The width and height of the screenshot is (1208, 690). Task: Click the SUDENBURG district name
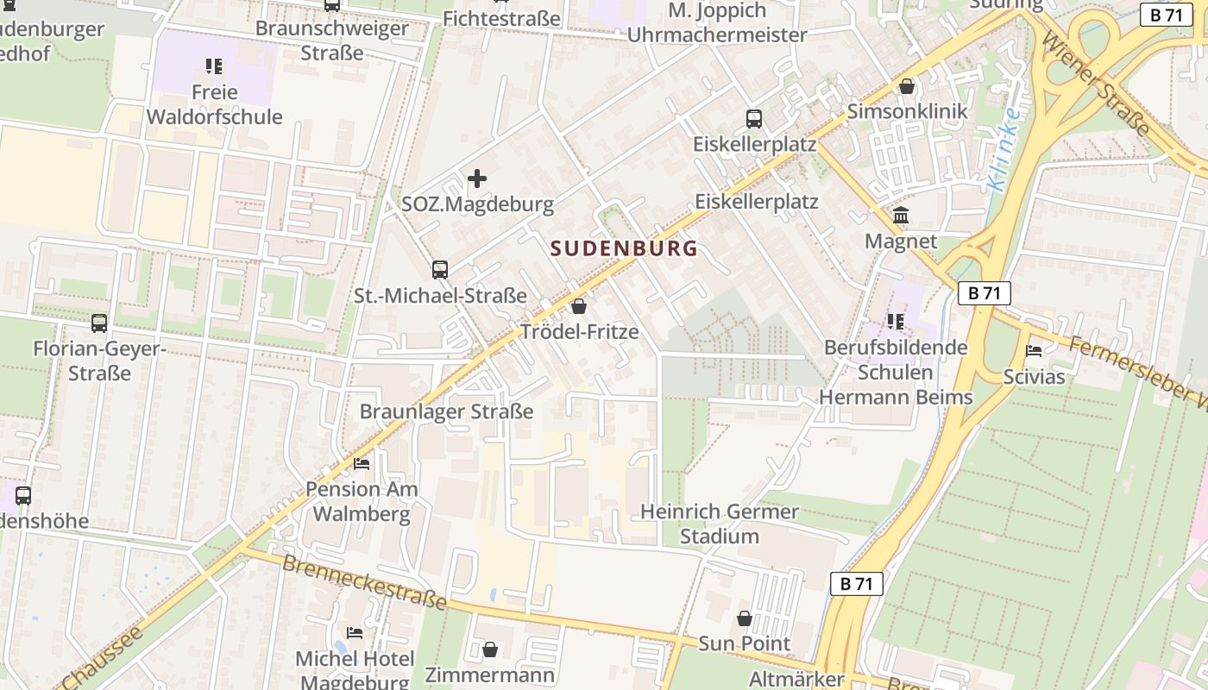tap(624, 248)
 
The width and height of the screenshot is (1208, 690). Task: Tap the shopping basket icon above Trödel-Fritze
tap(579, 306)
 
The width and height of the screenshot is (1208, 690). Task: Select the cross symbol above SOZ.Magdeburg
tap(477, 179)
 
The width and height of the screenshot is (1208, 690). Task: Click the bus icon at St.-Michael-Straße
tap(440, 270)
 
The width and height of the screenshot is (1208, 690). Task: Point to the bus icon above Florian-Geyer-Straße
tap(99, 323)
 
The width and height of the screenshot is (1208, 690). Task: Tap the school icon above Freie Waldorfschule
tap(214, 66)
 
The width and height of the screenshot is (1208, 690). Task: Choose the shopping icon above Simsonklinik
tap(907, 86)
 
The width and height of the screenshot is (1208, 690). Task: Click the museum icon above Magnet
tap(901, 216)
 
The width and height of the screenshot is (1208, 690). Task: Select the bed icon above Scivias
tap(1034, 350)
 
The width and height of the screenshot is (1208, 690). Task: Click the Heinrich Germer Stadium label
tap(720, 524)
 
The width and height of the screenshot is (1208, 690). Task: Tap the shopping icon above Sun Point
tap(744, 618)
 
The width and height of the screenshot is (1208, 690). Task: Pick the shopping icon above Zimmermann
tap(490, 649)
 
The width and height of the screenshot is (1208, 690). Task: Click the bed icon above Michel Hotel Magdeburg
tap(355, 633)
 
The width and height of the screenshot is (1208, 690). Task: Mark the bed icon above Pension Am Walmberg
tap(362, 463)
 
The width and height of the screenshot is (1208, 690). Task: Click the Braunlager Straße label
tap(446, 411)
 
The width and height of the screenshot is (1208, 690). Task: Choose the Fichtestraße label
tap(501, 18)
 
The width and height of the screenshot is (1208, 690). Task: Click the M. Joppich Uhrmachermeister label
tap(717, 23)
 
